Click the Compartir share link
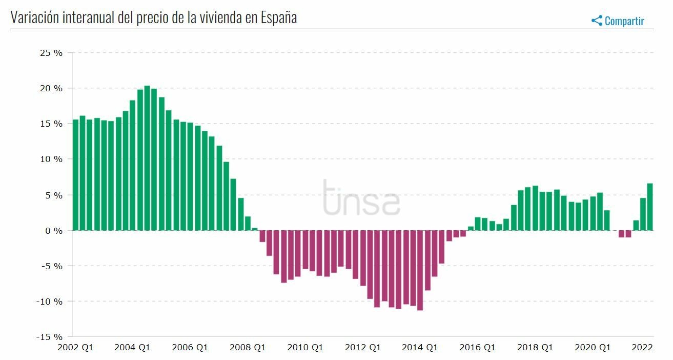(624, 21)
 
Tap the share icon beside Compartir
(597, 21)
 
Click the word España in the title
(279, 17)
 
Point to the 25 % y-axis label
(51, 53)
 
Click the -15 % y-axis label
(50, 337)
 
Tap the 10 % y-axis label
(51, 159)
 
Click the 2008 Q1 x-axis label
(248, 348)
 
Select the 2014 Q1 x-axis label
(420, 348)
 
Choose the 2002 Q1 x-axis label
(75, 348)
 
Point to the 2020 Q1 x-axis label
(593, 348)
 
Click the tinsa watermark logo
(361, 197)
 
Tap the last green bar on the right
(650, 207)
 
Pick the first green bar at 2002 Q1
(75, 175)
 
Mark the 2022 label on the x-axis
(642, 348)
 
